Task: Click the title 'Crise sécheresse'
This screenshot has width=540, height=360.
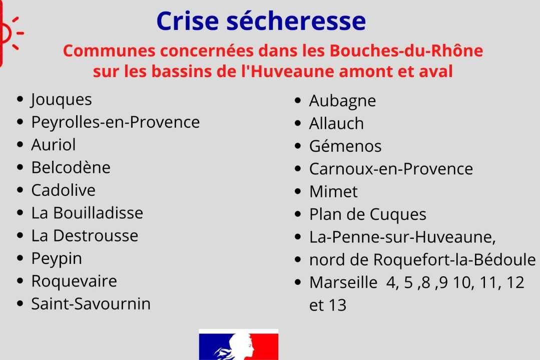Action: [x=261, y=21]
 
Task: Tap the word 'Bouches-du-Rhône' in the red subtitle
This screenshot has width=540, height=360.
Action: [x=406, y=51]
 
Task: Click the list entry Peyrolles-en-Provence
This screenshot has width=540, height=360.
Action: [x=116, y=122]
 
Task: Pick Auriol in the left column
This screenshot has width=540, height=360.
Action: [x=54, y=145]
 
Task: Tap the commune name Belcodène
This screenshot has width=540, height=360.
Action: [x=71, y=167]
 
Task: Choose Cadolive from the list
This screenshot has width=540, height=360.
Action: [x=64, y=190]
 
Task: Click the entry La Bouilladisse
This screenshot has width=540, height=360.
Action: [x=87, y=213]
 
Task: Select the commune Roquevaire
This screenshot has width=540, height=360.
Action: [x=74, y=281]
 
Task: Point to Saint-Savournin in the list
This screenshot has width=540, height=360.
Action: [x=91, y=304]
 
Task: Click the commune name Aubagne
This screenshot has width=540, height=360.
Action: [x=342, y=101]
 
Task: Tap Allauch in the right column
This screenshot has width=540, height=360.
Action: [x=336, y=123]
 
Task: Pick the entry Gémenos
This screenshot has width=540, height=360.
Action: [x=345, y=146]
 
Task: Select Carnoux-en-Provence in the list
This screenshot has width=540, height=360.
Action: [x=391, y=169]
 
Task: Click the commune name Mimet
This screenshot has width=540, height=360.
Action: [x=333, y=192]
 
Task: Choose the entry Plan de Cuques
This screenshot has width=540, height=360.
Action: [x=368, y=215]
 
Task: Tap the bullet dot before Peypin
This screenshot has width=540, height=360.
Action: [x=20, y=258]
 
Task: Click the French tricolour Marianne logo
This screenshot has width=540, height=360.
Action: [x=239, y=344]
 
